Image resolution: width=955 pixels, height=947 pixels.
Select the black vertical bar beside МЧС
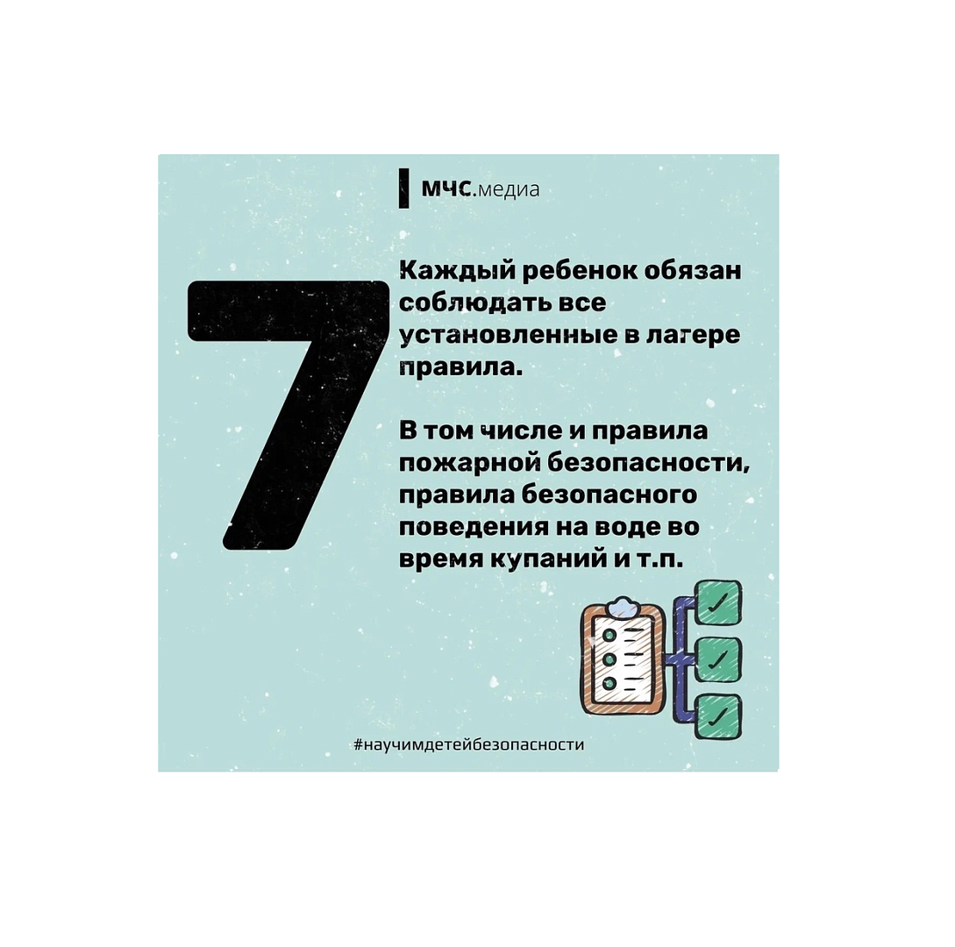pos(403,189)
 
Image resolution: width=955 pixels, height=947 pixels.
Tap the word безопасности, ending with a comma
pos(648,464)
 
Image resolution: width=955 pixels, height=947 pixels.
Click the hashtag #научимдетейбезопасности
pos(469,744)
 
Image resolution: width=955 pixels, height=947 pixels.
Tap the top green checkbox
pos(719,602)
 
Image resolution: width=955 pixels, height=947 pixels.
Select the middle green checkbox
pos(719,659)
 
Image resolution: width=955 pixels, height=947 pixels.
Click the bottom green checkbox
pos(719,716)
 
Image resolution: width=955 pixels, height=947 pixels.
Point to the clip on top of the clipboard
pos(623,607)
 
